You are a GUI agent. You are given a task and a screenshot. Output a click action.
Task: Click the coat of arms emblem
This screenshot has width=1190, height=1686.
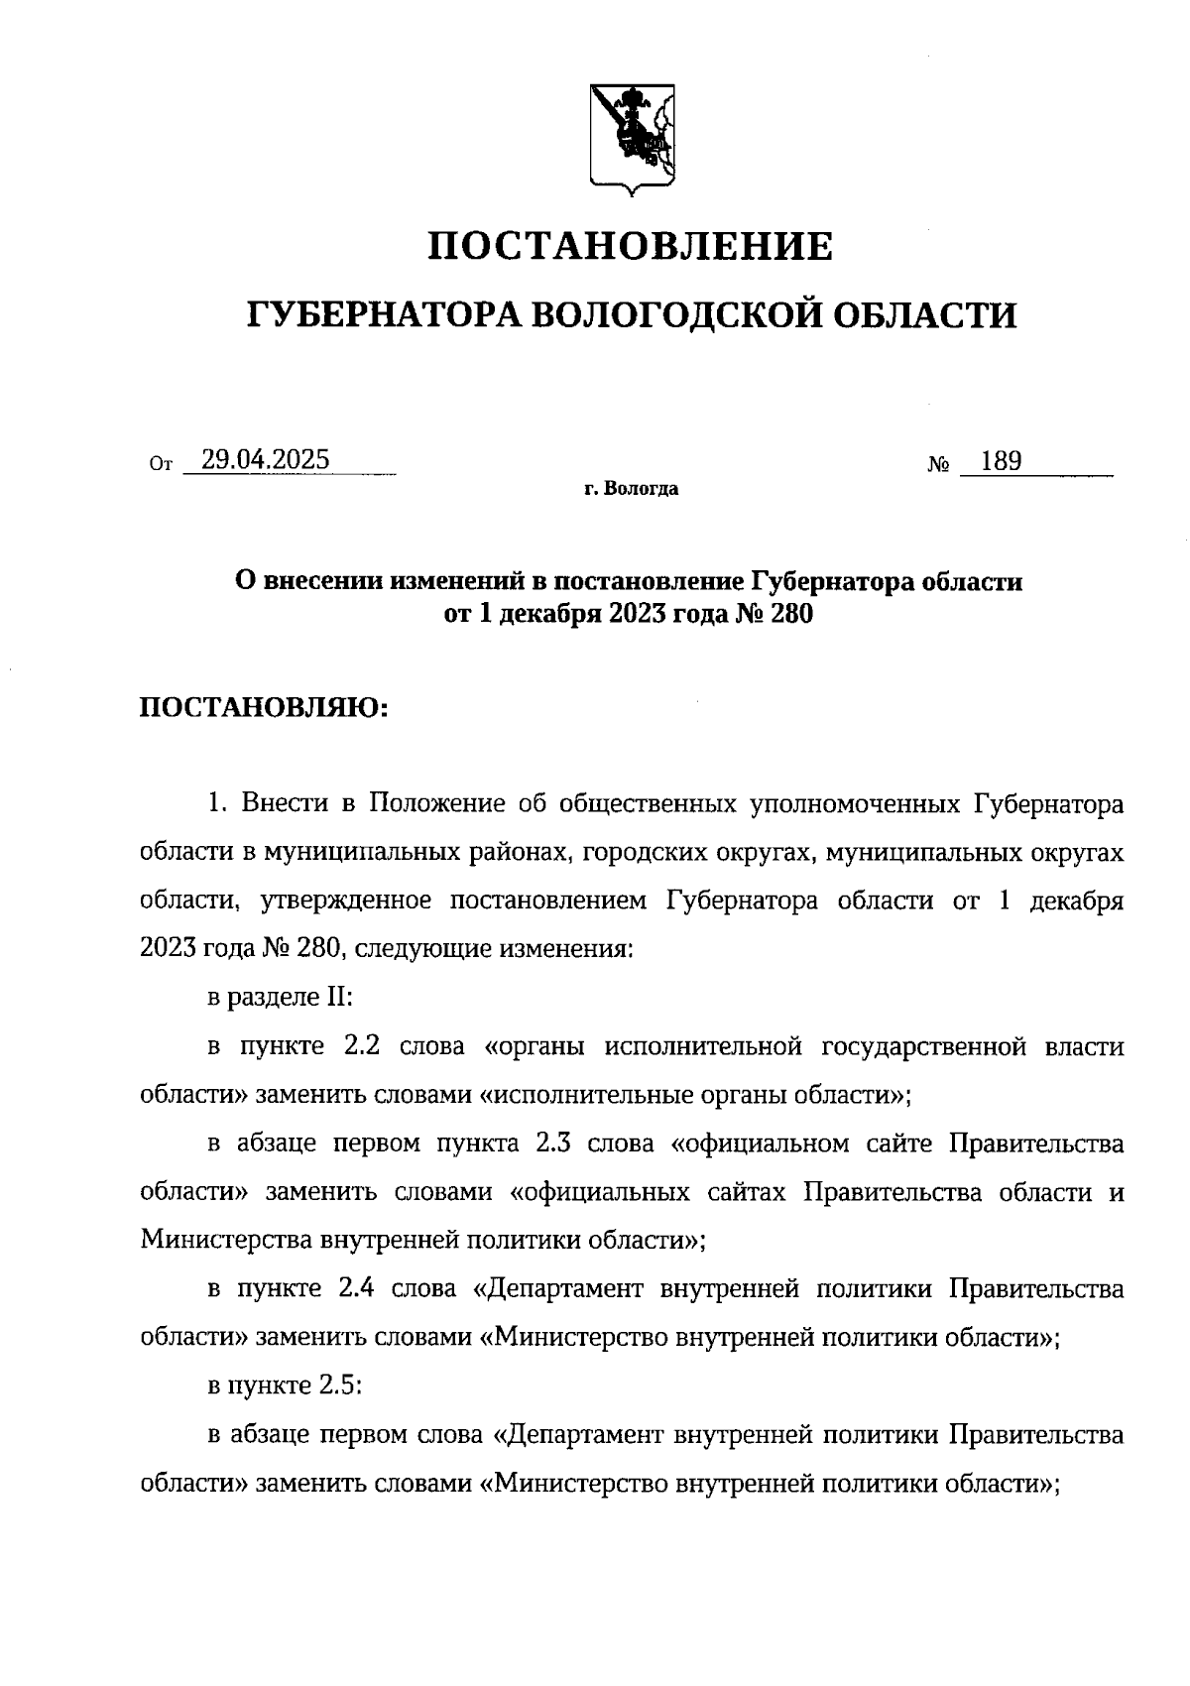coord(633,136)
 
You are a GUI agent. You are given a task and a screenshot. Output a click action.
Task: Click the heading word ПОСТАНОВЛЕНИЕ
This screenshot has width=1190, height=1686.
coord(630,246)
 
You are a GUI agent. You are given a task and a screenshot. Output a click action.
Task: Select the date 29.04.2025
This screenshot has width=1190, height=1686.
coord(265,460)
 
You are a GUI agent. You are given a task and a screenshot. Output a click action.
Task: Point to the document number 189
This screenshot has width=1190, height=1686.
coord(1001,461)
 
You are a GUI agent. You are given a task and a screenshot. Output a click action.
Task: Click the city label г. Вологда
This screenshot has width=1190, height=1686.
coord(632,489)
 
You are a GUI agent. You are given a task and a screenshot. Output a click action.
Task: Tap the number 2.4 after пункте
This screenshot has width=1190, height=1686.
coord(358,1288)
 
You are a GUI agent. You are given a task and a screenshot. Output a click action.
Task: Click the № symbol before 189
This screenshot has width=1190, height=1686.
coord(939,464)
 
